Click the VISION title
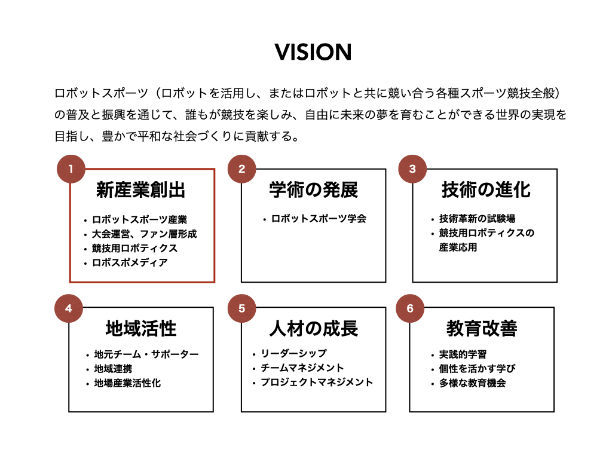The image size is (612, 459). coord(313,53)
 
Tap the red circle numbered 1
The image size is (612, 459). coord(71,169)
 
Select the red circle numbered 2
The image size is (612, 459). coord(241,169)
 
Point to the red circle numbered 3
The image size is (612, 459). coord(412,169)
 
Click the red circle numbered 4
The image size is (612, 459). coord(69,308)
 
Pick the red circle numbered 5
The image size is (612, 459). coord(241,308)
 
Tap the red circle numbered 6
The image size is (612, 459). coord(410,308)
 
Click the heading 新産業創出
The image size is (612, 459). coord(141,190)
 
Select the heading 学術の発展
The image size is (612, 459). coord(313,190)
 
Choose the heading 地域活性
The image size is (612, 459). coord(141,328)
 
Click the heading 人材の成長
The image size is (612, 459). coord(313,328)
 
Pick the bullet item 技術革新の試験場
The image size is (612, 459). coord(477,219)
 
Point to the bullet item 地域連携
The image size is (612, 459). coord(113,369)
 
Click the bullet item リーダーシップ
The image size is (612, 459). coord(293,354)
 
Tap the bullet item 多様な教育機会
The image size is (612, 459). coord(472,383)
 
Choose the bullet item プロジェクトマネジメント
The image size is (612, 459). coord(316,382)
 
